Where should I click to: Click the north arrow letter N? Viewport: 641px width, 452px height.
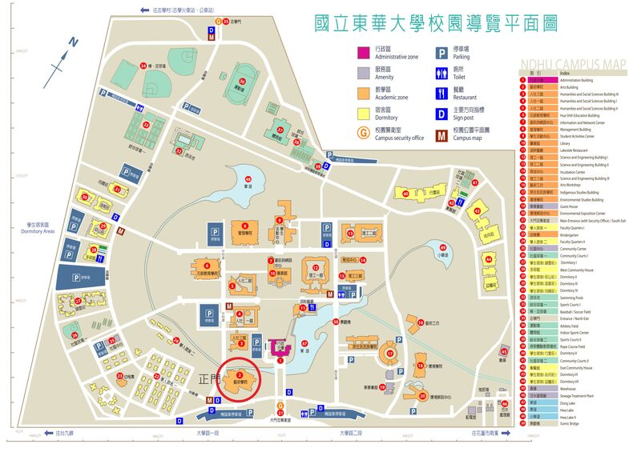[x=73, y=42]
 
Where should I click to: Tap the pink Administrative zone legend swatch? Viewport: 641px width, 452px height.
[x=362, y=53]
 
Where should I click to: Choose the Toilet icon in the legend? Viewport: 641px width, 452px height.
[x=441, y=73]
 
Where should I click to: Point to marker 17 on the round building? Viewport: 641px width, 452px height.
[x=390, y=353]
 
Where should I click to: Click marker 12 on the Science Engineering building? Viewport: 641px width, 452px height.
[x=316, y=267]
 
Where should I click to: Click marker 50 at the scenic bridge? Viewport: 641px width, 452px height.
[x=336, y=322]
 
